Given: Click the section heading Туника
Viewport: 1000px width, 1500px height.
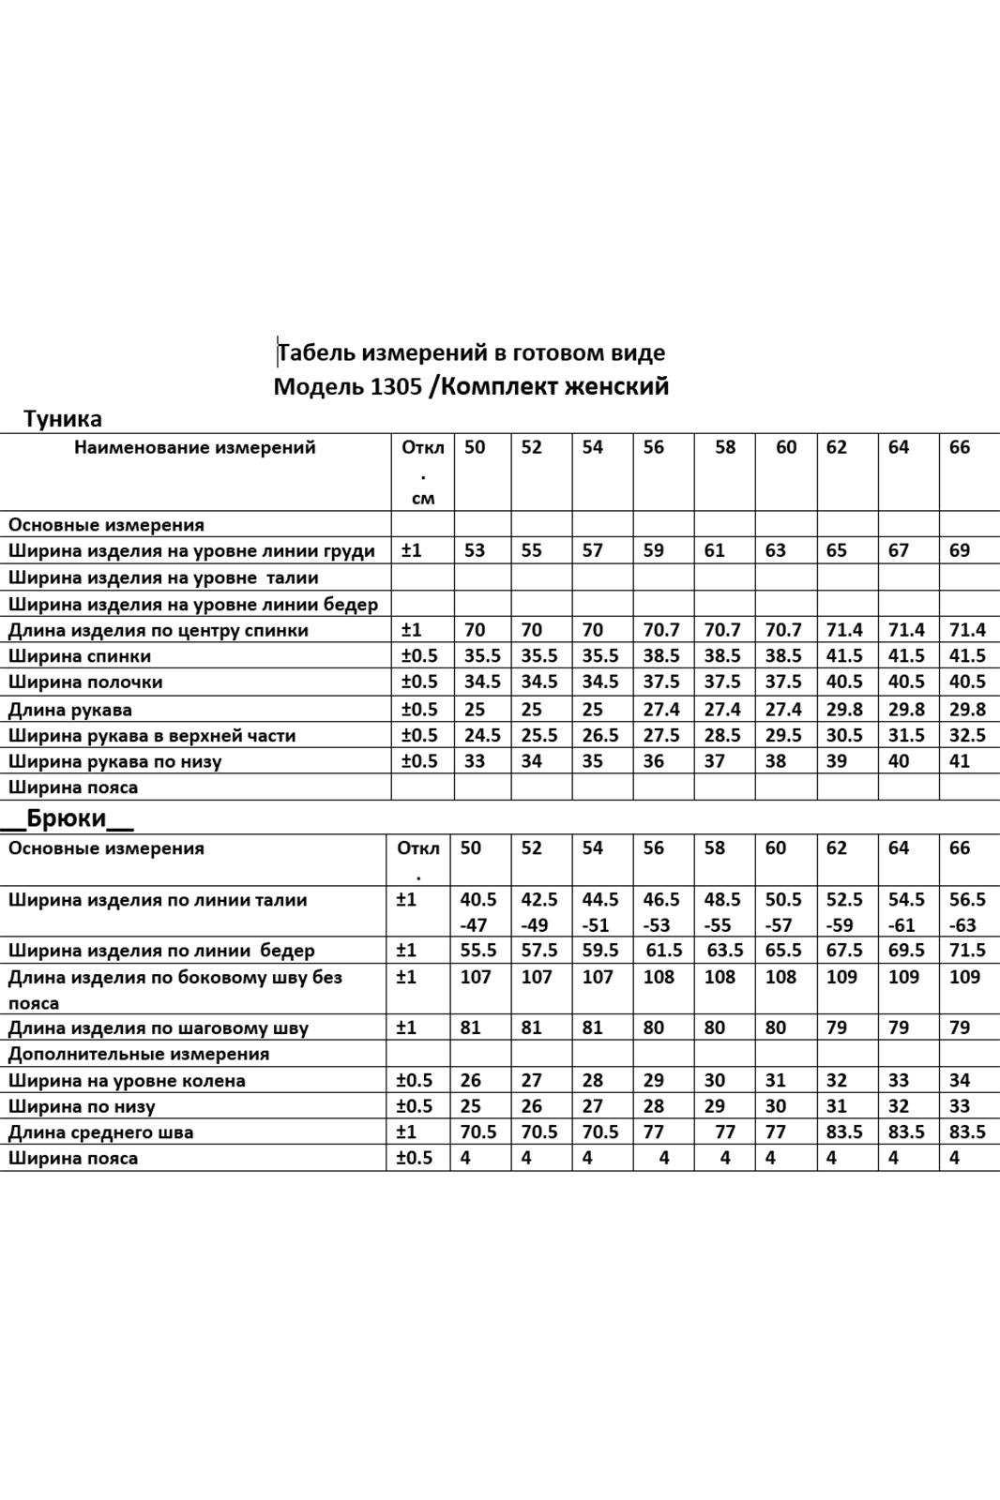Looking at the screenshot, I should coord(63,418).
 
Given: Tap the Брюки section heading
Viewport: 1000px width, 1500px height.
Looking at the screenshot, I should coord(67,818).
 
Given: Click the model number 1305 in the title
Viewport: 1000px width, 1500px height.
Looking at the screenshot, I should coord(396,386).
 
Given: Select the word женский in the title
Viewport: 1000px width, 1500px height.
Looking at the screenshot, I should coord(616,386).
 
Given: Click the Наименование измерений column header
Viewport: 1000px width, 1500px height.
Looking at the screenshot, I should coord(195,447).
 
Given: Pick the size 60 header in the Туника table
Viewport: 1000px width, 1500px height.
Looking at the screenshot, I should coord(786,447).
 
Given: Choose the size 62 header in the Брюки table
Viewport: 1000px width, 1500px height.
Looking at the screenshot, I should coord(837,847).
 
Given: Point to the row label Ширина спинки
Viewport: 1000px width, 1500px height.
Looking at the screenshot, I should coord(80,656).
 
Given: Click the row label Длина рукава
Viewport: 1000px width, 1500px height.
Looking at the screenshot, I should coord(70,710).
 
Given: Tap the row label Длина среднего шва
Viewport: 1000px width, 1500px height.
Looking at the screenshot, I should coord(101,1132).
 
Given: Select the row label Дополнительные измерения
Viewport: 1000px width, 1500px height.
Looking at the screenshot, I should coord(139,1054).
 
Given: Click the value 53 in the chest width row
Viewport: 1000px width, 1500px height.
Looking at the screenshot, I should coord(476,550).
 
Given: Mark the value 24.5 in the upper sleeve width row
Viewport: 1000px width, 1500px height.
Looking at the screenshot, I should coord(482,735).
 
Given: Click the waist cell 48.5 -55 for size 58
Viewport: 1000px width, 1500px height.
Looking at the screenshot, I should coord(722,911).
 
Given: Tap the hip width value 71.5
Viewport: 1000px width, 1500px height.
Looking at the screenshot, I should coord(967,950).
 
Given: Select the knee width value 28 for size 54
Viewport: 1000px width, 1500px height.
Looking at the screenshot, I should coord(593,1080).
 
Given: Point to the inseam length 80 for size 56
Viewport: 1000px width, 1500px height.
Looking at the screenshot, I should coord(654,1027).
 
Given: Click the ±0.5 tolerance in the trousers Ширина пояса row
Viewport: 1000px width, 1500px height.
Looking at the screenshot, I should coord(415,1158).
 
